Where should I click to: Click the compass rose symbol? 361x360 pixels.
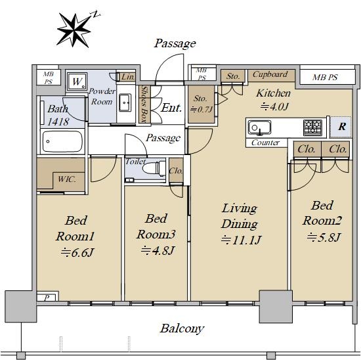[x=74, y=30]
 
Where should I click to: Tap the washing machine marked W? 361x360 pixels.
[x=77, y=81]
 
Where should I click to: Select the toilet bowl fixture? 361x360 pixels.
[x=154, y=168]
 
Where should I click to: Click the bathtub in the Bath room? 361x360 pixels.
[x=62, y=142]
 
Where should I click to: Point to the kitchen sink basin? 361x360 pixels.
[x=259, y=127]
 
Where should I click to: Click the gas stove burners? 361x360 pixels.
[x=312, y=127]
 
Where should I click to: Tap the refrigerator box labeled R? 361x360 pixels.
[x=341, y=127]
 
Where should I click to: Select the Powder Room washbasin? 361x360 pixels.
[x=125, y=102]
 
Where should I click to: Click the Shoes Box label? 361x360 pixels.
[x=144, y=104]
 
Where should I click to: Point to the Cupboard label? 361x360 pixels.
[x=270, y=74]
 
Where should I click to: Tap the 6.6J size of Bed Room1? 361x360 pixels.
[x=77, y=253]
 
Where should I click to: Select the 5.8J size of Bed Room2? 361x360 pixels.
[x=324, y=237]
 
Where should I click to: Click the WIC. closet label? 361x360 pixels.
[x=67, y=179]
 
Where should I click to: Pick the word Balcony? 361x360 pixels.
[x=182, y=328]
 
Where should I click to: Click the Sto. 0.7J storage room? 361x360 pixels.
[x=202, y=104]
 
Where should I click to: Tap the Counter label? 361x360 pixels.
[x=265, y=143]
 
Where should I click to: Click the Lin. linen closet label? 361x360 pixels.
[x=128, y=77]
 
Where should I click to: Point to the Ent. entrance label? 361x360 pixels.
[x=171, y=108]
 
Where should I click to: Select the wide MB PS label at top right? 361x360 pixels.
[x=325, y=78]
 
